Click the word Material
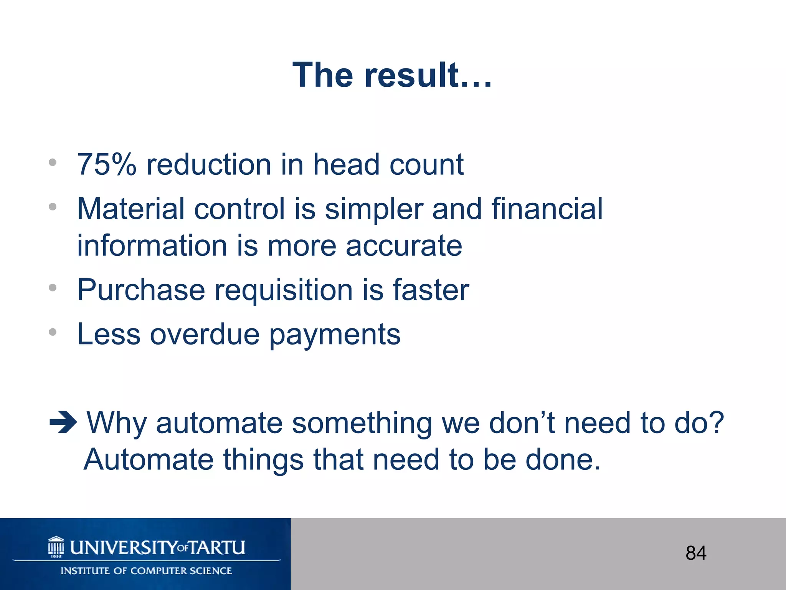pyautogui.click(x=130, y=209)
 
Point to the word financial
pyautogui.click(x=547, y=209)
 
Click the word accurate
pyautogui.click(x=404, y=246)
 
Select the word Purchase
pyautogui.click(x=141, y=290)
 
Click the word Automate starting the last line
pyautogui.click(x=149, y=460)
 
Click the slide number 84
pyautogui.click(x=696, y=553)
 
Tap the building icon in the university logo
pyautogui.click(x=56, y=547)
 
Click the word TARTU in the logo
pyautogui.click(x=217, y=547)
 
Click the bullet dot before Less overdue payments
pyautogui.click(x=53, y=332)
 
